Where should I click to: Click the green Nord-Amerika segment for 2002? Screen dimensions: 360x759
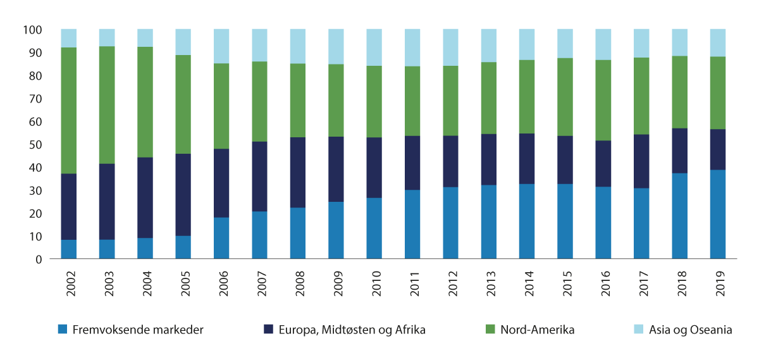[x=69, y=111]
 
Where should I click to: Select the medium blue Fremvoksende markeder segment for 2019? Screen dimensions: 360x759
[x=717, y=214]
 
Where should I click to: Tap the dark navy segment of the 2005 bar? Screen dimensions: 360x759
[x=183, y=195]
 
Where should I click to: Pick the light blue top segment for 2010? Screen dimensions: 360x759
[x=374, y=47]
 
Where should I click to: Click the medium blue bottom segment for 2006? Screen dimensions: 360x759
[x=221, y=239]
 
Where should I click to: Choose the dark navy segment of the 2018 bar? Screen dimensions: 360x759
[x=679, y=151]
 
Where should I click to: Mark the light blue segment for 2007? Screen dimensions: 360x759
[x=259, y=45]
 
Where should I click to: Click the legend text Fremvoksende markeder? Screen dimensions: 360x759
[x=138, y=330]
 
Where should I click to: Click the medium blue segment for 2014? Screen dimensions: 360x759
[x=527, y=221]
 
